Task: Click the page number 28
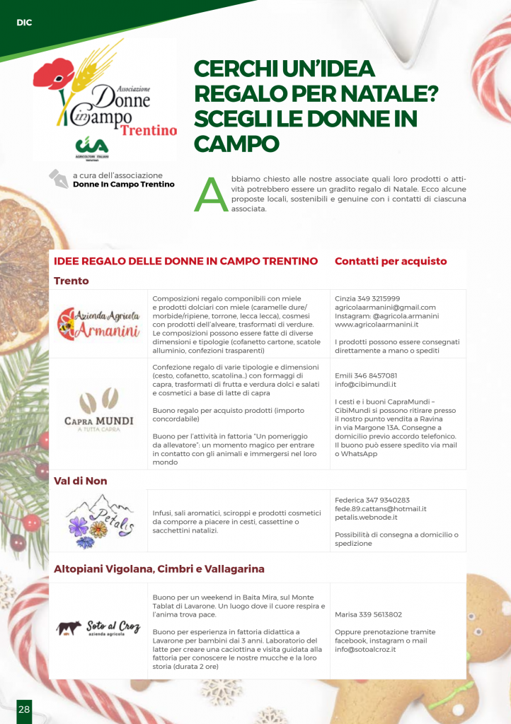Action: point(24,709)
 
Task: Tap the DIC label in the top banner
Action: point(25,23)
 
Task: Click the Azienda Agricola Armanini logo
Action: point(98,324)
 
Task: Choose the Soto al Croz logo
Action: point(98,628)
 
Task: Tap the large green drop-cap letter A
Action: point(210,194)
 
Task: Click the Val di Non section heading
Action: point(81,481)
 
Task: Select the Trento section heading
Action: point(71,281)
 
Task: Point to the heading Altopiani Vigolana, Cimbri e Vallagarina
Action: point(159,568)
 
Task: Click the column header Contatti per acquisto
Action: point(391,261)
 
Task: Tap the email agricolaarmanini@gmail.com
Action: point(385,308)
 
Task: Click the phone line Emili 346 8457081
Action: point(366,375)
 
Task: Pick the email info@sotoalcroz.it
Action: point(365,649)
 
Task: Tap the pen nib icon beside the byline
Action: point(57,177)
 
